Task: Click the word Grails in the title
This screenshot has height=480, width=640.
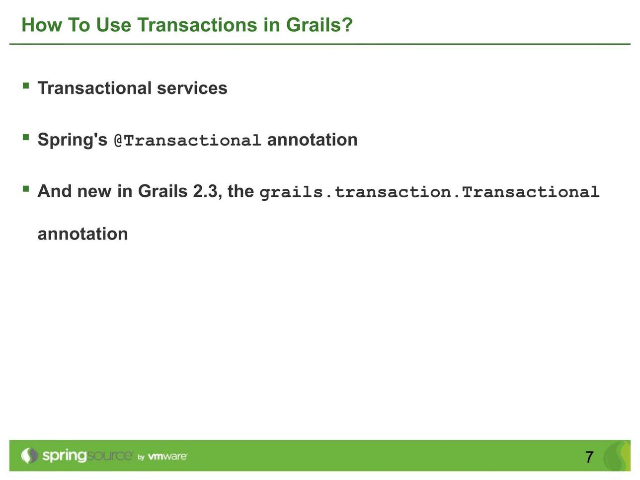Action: (x=314, y=25)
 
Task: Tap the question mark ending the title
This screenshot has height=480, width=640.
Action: (x=347, y=24)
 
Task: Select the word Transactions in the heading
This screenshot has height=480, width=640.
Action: (x=197, y=25)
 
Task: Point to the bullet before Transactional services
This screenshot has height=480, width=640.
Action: (x=26, y=85)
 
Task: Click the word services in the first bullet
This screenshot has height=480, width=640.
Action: (x=192, y=88)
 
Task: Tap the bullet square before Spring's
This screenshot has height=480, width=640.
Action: (x=26, y=137)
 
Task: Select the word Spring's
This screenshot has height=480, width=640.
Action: (x=73, y=140)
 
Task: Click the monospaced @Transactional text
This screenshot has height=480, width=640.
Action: (x=187, y=140)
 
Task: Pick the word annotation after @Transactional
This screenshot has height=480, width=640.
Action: (x=312, y=140)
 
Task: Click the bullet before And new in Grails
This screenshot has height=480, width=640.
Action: (x=26, y=189)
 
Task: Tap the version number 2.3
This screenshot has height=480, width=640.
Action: (x=205, y=191)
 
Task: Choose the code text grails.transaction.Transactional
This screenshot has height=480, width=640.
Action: (x=429, y=192)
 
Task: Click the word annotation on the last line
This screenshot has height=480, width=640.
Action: (x=83, y=234)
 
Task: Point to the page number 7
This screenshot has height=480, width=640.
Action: (x=589, y=457)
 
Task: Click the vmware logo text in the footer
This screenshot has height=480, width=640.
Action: (x=167, y=456)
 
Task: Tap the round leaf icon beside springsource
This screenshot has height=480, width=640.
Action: (x=29, y=455)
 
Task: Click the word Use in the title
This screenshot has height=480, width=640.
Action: (x=114, y=25)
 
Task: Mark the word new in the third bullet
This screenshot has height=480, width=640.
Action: (x=94, y=192)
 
